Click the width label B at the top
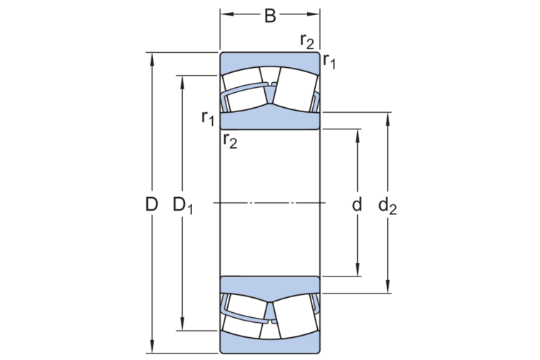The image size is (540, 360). (269, 15)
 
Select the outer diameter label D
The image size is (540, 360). (151, 205)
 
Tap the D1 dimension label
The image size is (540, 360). (184, 206)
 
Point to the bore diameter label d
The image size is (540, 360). (357, 205)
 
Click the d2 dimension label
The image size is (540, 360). (388, 206)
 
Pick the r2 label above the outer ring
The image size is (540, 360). (306, 41)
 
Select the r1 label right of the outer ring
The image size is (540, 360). (329, 61)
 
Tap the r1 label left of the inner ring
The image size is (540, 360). (208, 117)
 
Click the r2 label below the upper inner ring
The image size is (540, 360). (230, 140)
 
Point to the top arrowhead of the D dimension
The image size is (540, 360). (151, 57)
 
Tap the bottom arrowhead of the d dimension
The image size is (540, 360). (357, 271)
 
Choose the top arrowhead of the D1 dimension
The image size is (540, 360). (184, 79)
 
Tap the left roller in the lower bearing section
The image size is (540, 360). (243, 316)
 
